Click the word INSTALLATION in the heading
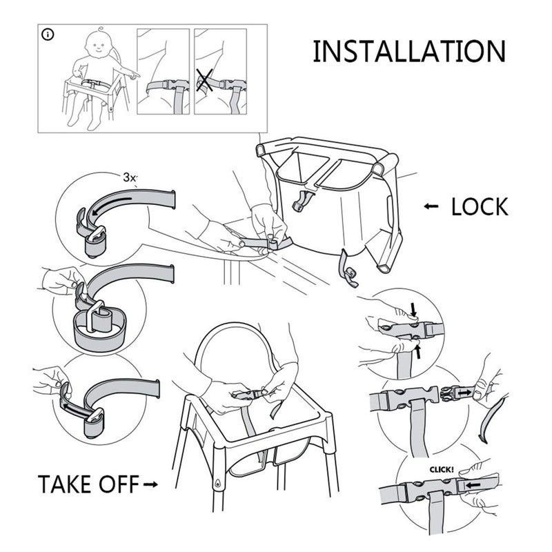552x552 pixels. click(x=408, y=52)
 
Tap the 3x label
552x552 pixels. click(x=129, y=177)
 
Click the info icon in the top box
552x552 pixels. click(x=48, y=34)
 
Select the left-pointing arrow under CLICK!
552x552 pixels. click(x=473, y=486)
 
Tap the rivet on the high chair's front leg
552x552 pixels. click(x=219, y=484)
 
